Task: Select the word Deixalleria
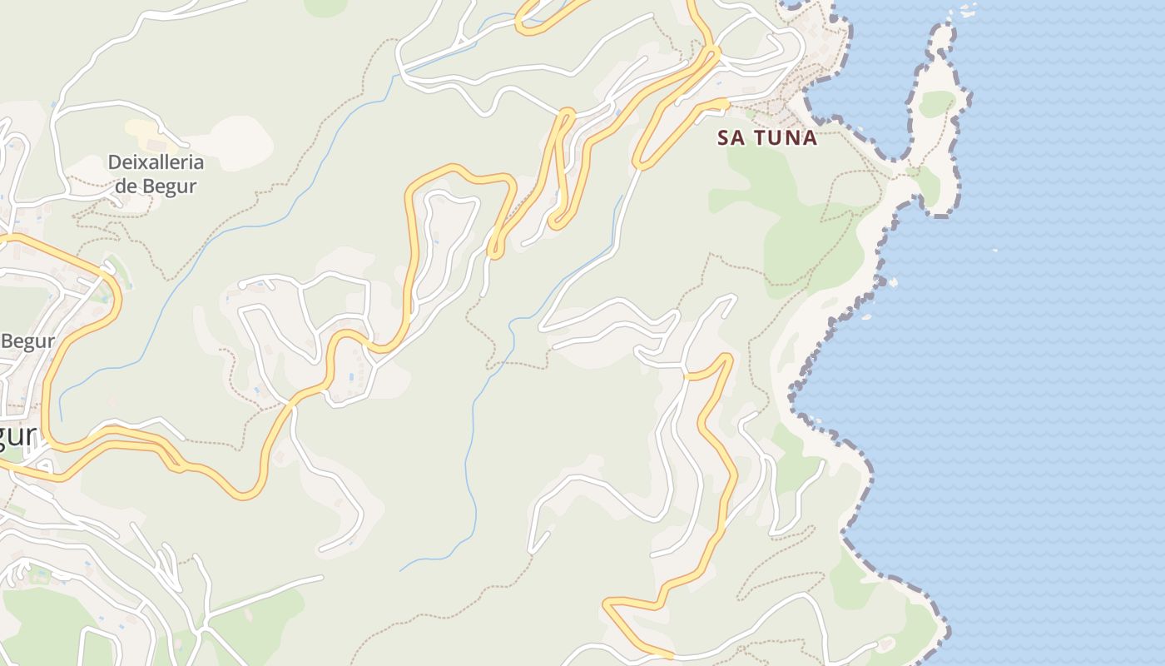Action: coord(156,162)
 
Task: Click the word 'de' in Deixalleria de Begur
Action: coord(125,186)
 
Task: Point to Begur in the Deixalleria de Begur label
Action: coord(170,186)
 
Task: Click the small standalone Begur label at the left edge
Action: coord(27,341)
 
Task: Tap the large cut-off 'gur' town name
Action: coord(18,435)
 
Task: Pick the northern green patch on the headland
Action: coord(937,103)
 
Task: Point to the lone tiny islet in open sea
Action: coord(995,249)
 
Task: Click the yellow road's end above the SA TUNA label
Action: coord(725,103)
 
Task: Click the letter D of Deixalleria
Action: coord(115,162)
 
